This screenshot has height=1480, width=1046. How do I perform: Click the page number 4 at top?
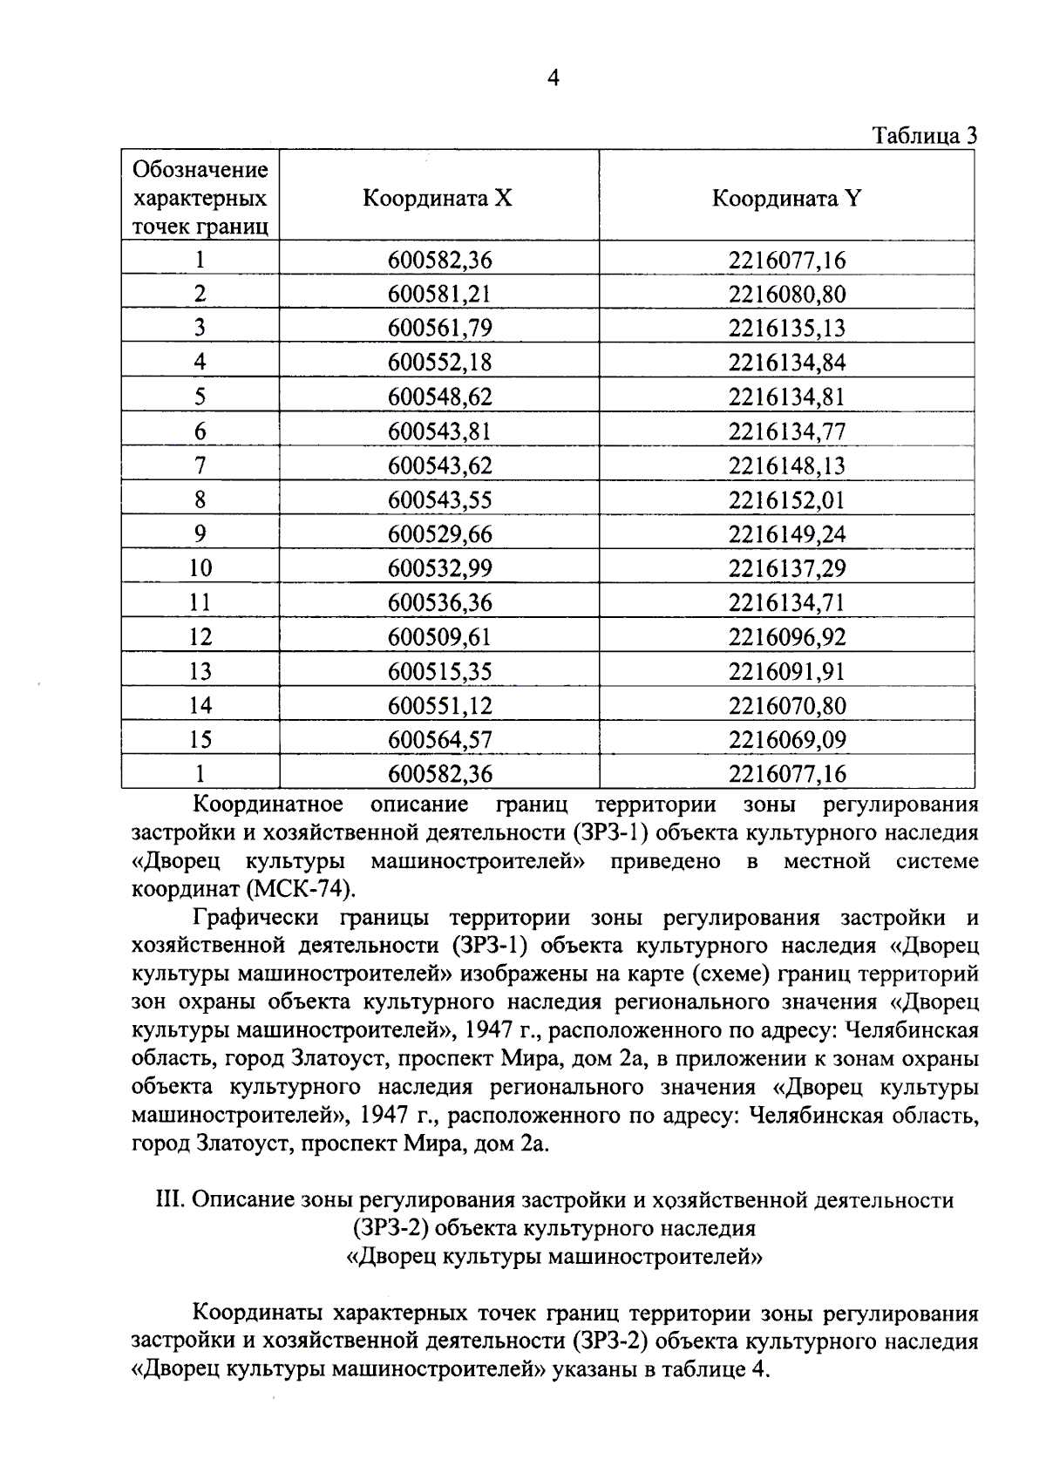[552, 78]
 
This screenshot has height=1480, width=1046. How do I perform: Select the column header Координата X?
[438, 199]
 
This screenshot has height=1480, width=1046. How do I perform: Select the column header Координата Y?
[786, 199]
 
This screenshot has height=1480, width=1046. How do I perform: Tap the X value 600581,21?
[439, 295]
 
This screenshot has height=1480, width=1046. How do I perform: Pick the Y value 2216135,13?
[787, 329]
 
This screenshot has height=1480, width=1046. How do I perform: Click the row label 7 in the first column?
[200, 465]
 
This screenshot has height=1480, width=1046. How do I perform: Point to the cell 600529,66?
[439, 534]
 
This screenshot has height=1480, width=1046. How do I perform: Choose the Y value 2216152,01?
[787, 500]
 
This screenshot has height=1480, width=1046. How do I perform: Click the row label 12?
[200, 637]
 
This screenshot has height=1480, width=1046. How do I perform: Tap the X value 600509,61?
[439, 637]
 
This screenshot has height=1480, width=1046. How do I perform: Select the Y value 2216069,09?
[787, 740]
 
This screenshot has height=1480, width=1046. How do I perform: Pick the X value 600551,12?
[439, 706]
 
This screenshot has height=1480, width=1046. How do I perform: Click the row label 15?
[200, 740]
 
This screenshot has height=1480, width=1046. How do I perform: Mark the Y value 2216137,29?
[787, 568]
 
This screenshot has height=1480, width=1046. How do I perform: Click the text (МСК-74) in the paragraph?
[302, 890]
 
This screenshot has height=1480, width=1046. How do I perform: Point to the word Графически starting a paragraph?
[260, 918]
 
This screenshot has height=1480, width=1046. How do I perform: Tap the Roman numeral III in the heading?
[167, 1200]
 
